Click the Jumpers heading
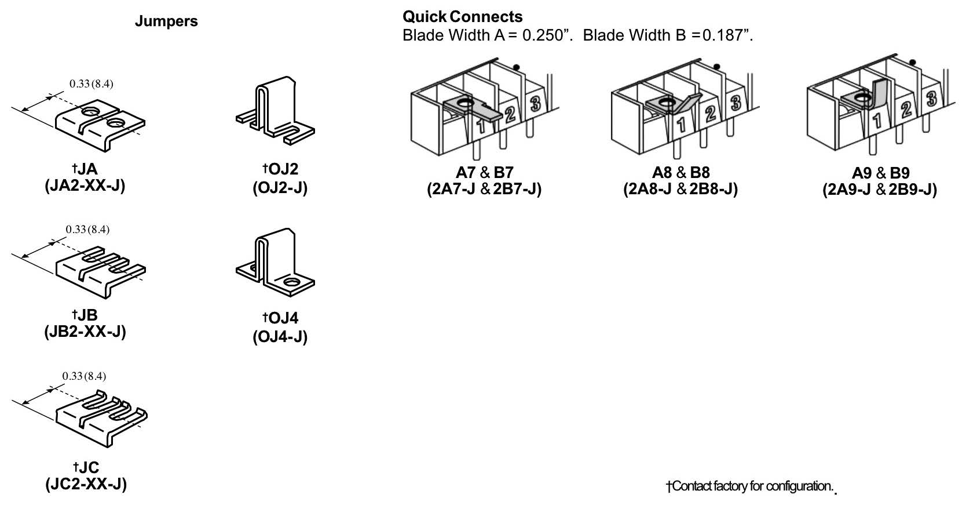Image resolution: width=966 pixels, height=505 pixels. pos(166,21)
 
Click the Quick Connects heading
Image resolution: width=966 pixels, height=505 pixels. pos(462,17)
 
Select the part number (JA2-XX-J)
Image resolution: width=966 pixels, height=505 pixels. pos(85,186)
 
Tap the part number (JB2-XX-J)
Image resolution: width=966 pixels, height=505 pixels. pos(85,332)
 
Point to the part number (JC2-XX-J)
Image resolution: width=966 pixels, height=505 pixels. pos(86,484)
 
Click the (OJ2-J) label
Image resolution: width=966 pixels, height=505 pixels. pos(280,187)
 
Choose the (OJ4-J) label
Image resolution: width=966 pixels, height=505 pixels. pos(280,336)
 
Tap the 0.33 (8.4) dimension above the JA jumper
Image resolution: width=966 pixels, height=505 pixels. pos(92,83)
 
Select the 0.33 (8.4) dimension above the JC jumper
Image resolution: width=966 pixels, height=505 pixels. pos(85,376)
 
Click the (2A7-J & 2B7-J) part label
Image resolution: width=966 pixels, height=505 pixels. pos(484,190)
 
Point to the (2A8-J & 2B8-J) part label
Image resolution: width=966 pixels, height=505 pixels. pos(680,190)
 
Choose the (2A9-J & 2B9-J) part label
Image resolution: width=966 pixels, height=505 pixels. pos(880,190)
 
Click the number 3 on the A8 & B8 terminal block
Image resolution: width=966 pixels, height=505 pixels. pos(736,103)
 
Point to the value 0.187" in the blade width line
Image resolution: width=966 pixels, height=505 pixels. pos(727,35)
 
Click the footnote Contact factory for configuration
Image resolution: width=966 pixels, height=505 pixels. pos(750,486)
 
